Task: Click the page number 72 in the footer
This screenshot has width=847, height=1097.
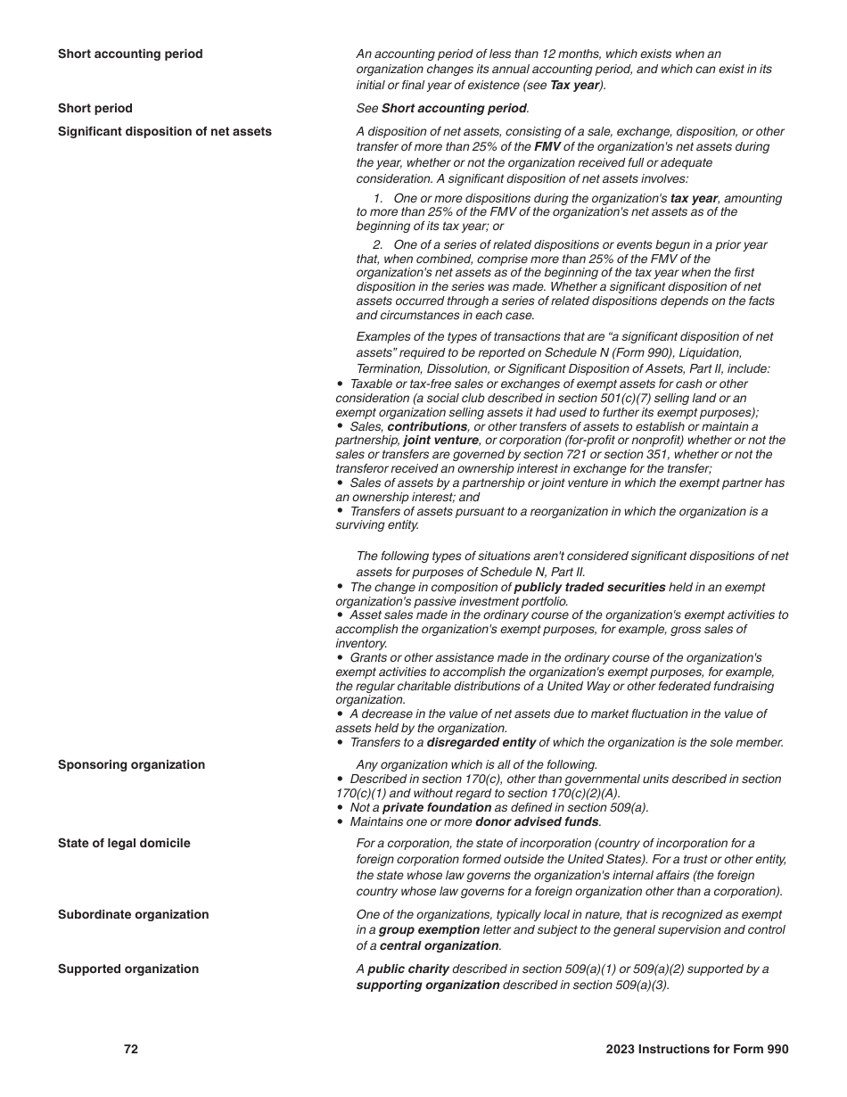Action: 131,1050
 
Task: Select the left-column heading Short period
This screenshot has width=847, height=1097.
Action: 95,108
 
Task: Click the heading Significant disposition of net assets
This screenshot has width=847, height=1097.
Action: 165,131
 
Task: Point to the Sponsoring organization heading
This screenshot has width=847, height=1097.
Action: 131,764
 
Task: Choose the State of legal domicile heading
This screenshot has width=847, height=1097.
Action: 124,843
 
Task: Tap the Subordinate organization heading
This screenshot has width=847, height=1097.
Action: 133,914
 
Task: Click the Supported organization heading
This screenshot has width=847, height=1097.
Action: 128,969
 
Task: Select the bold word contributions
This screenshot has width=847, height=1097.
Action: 427,426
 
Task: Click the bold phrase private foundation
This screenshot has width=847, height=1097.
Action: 437,807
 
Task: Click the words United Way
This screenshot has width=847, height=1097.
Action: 582,686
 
